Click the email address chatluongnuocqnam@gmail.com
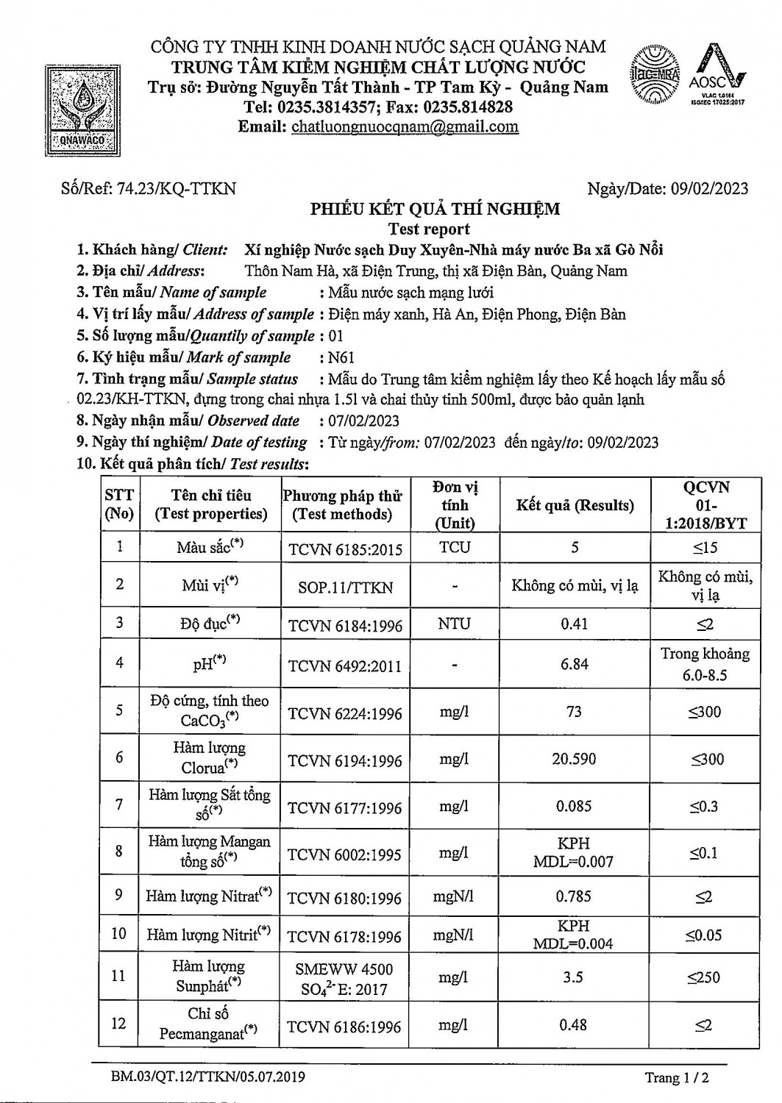click(405, 126)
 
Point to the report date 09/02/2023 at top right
click(709, 188)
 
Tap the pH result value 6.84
click(574, 663)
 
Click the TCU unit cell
click(455, 547)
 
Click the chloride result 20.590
click(574, 759)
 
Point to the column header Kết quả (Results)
click(575, 505)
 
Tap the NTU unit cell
click(455, 624)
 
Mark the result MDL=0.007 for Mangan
click(574, 862)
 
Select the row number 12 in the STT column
click(119, 1023)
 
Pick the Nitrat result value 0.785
click(574, 896)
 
